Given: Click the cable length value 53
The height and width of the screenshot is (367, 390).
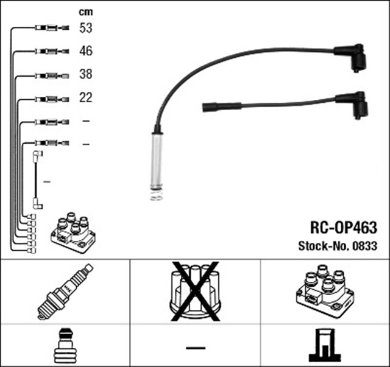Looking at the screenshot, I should point(85,28).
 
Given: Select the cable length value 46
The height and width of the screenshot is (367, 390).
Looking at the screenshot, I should point(85,51).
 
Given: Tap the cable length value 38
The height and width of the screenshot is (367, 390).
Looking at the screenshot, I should point(85,74).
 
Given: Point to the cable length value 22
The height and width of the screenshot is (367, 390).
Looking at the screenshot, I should point(85,97).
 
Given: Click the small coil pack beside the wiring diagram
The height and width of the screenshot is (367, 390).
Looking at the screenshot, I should point(73,232).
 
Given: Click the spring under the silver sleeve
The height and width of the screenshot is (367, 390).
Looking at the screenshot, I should point(156,195).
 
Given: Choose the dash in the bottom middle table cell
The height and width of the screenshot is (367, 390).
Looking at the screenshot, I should point(195,347).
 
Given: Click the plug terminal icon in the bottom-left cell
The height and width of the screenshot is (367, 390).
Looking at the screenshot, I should point(64,346).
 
